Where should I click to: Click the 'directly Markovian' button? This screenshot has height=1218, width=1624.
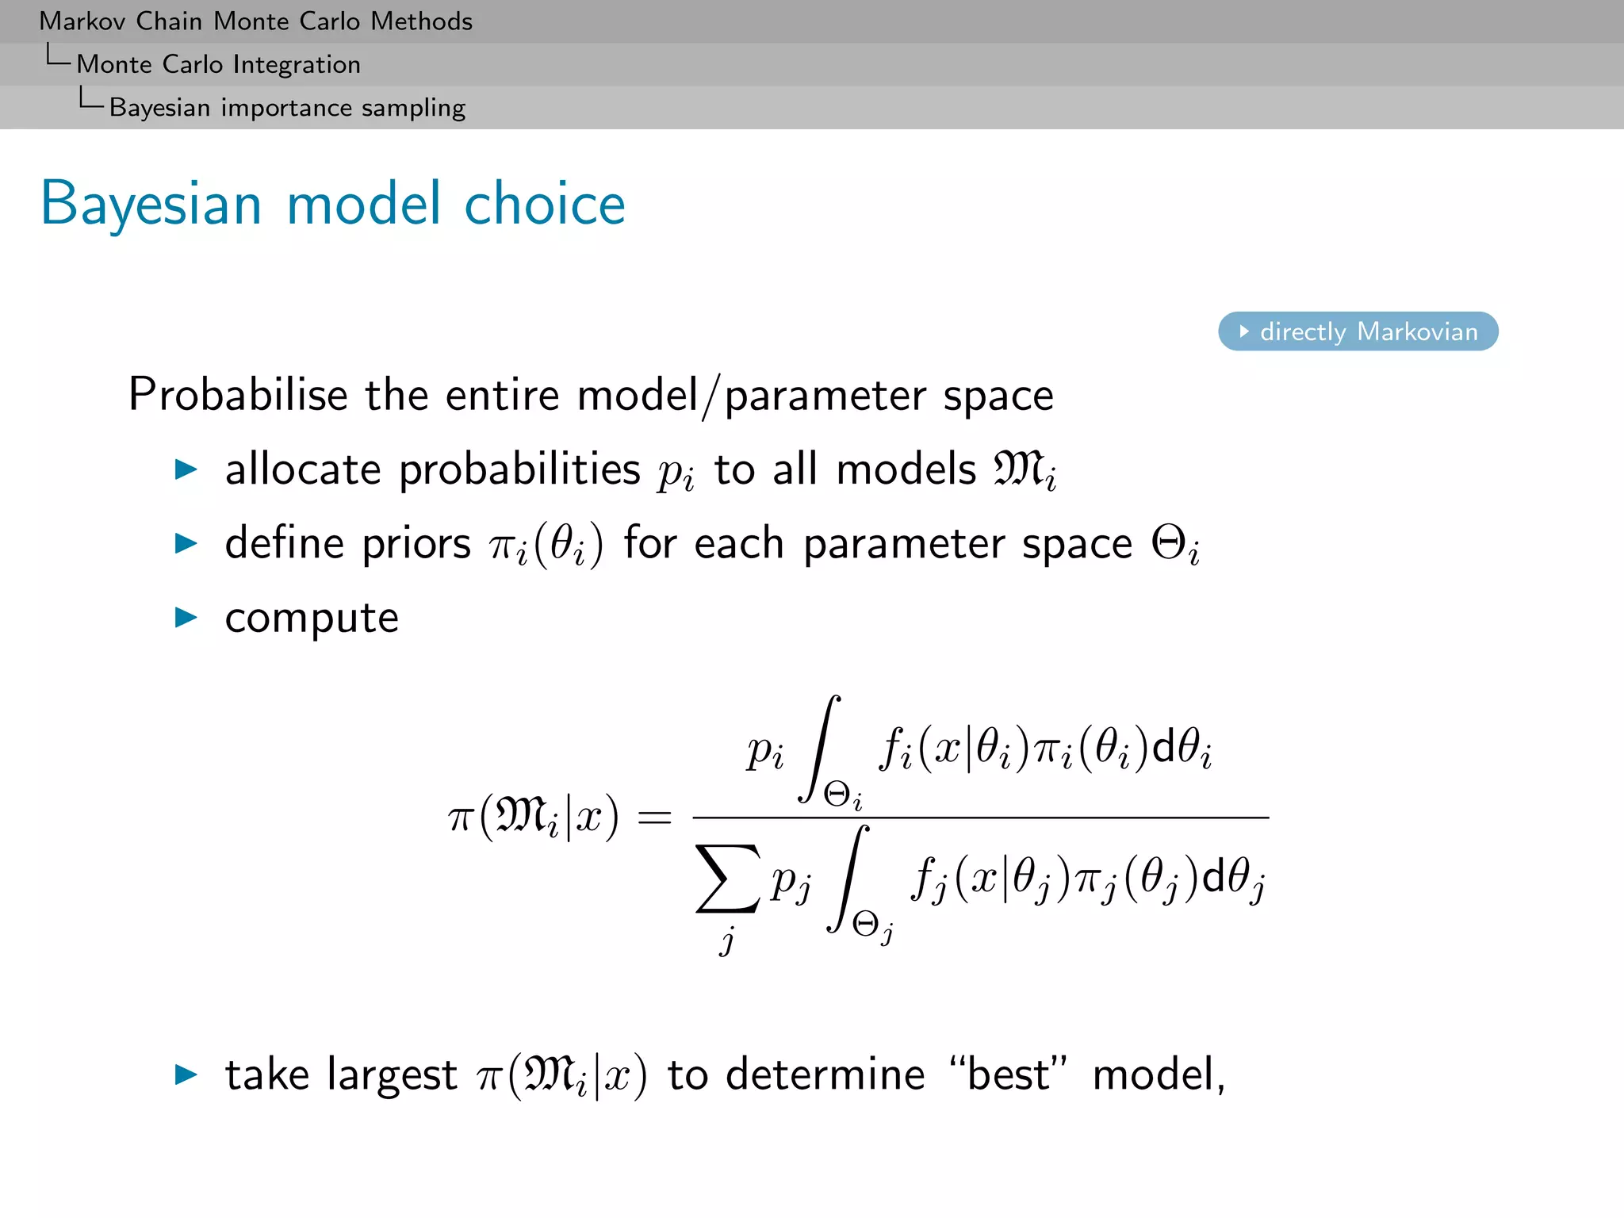1358,331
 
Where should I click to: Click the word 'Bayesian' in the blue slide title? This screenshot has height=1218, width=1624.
151,205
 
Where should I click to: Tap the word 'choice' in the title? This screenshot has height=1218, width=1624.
545,205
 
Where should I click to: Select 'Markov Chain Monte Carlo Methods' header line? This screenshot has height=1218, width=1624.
255,21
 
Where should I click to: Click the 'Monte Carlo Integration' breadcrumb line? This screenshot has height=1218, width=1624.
218,64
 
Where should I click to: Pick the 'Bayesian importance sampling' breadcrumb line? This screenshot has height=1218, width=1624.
287,108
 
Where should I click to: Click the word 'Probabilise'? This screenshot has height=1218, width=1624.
238,395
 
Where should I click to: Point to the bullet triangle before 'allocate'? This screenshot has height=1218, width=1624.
186,469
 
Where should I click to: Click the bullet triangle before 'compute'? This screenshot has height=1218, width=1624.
186,618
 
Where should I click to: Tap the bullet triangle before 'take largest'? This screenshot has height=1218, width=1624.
186,1074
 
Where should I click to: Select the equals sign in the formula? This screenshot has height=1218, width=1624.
654,818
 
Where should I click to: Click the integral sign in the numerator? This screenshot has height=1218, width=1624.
821,749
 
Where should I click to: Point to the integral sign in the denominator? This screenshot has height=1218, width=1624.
848,879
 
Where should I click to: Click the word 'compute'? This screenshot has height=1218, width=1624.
312,619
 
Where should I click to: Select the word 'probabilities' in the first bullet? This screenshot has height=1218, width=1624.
519,470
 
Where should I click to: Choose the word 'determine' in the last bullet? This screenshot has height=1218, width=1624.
825,1075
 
